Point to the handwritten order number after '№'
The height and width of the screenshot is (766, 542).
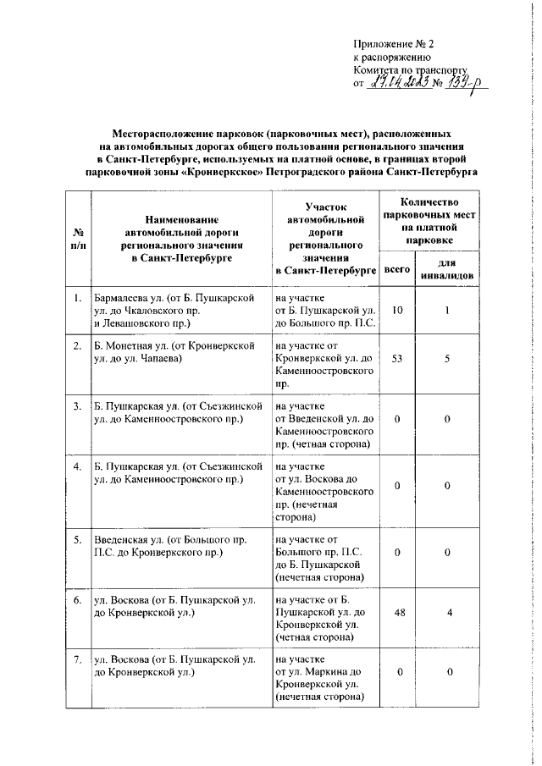coord(462,82)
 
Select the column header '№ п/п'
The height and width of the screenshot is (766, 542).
coord(78,240)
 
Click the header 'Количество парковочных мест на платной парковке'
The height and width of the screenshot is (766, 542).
coord(430,221)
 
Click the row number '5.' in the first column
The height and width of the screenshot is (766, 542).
coord(77,539)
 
